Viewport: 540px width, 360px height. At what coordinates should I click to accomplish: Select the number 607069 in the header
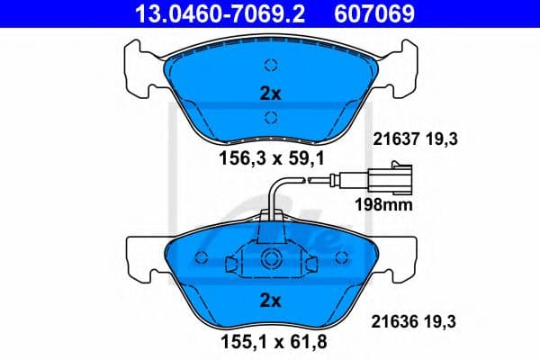click(388, 13)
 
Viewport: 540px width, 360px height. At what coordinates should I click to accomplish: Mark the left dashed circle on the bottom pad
click(202, 258)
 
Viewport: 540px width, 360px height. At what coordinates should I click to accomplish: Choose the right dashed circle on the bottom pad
click(341, 258)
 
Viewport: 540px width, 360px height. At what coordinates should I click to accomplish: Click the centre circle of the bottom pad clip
click(272, 261)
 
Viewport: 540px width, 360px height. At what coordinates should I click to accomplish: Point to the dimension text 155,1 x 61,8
click(271, 343)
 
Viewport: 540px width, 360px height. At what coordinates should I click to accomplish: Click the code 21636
click(391, 319)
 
